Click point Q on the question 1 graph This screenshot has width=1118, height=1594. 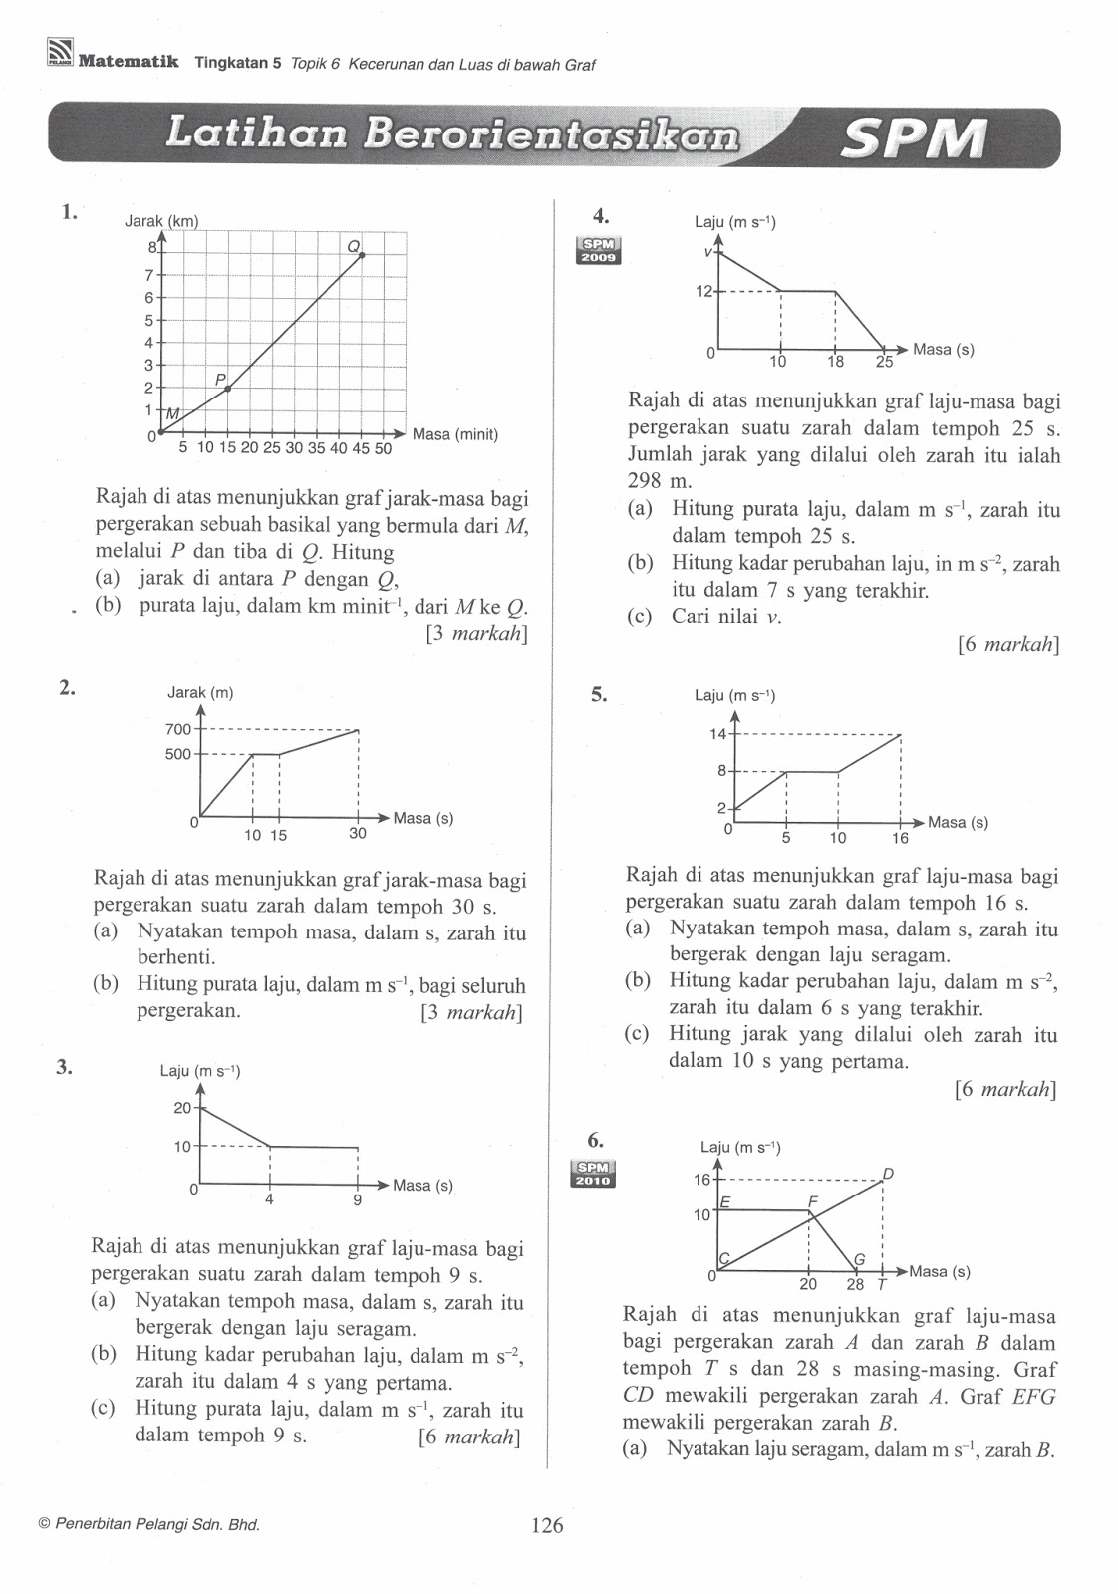tap(362, 255)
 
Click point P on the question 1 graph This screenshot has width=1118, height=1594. tap(228, 388)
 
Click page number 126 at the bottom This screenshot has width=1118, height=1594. tap(547, 1525)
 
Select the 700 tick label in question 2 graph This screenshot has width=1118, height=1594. tap(177, 730)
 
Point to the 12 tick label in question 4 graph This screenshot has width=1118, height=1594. tap(704, 291)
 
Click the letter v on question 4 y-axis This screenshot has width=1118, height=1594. tap(708, 252)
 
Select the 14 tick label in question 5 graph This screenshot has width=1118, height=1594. tap(717, 734)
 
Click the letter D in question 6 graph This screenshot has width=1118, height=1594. tap(888, 1174)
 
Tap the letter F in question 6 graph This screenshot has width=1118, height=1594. tap(813, 1202)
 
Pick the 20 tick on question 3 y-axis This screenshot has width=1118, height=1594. tap(182, 1108)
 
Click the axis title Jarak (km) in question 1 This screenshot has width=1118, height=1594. tap(161, 221)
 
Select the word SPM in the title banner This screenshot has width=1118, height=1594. tap(913, 139)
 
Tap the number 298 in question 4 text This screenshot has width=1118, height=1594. tap(645, 482)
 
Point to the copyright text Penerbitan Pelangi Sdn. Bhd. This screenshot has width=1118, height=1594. tap(149, 1524)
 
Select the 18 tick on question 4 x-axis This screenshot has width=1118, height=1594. tap(835, 361)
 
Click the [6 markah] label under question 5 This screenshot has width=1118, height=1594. tap(1004, 1089)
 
